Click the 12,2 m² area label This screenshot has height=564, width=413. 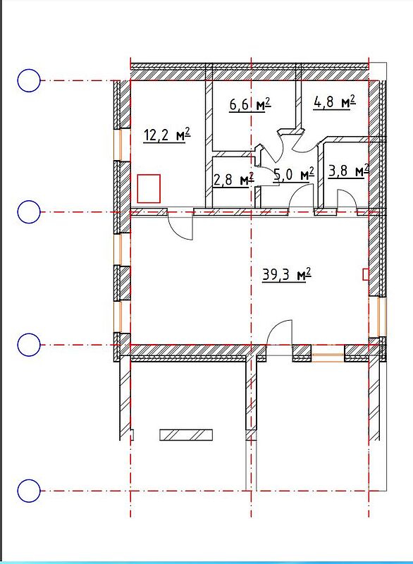166,135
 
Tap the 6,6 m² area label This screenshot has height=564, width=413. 249,104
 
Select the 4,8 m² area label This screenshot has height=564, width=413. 335,102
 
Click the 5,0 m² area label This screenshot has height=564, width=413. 294,174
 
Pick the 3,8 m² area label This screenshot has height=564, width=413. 349,171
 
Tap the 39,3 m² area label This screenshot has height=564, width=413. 286,275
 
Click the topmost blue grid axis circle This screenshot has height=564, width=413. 29,80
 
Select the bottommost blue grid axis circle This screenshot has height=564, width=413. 29,491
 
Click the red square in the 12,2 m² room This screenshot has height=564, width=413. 149,188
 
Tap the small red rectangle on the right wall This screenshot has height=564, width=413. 365,274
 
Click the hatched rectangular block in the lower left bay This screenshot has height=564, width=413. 186,435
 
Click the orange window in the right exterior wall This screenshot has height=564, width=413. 382,317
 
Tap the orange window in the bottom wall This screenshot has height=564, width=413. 328,357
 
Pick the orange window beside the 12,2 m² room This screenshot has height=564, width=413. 118,145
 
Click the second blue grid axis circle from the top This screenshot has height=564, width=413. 29,212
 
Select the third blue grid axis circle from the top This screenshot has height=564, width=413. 29,345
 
